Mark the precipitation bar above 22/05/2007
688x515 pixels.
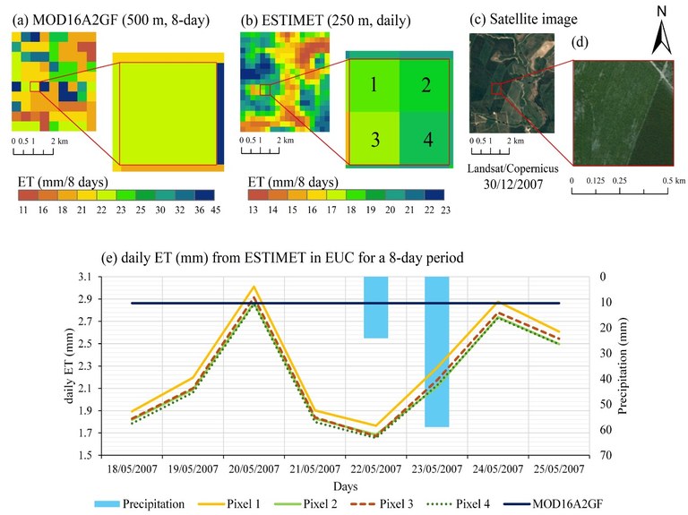[x=375, y=307]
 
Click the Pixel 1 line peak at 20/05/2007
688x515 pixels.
[x=254, y=287]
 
